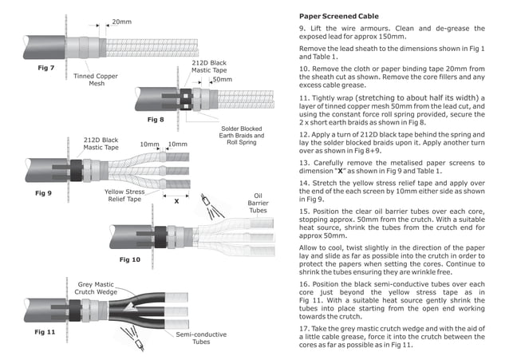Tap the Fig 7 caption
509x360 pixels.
tap(45, 68)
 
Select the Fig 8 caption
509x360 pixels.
tap(156, 118)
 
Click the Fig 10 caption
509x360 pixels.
tap(129, 259)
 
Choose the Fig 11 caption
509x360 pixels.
tap(45, 329)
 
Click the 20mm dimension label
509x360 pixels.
tap(122, 22)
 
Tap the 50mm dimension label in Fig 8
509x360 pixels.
tap(223, 80)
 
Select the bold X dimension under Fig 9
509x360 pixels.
tap(176, 202)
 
